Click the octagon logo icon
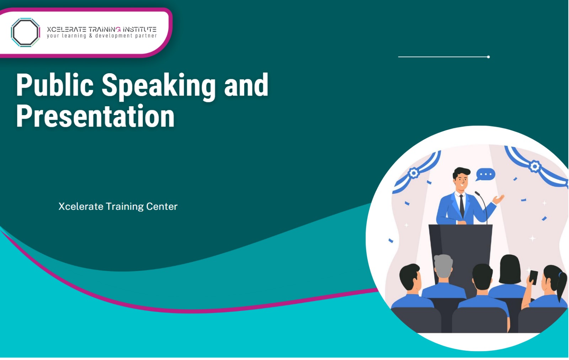[25, 32]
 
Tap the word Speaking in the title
[159, 85]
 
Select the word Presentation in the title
[95, 116]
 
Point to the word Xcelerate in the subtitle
[81, 206]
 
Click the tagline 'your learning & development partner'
[102, 36]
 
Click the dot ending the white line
[489, 57]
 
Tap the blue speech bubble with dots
[485, 174]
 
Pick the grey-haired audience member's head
[443, 266]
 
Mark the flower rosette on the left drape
[413, 173]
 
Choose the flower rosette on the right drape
[535, 166]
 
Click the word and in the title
[246, 85]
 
